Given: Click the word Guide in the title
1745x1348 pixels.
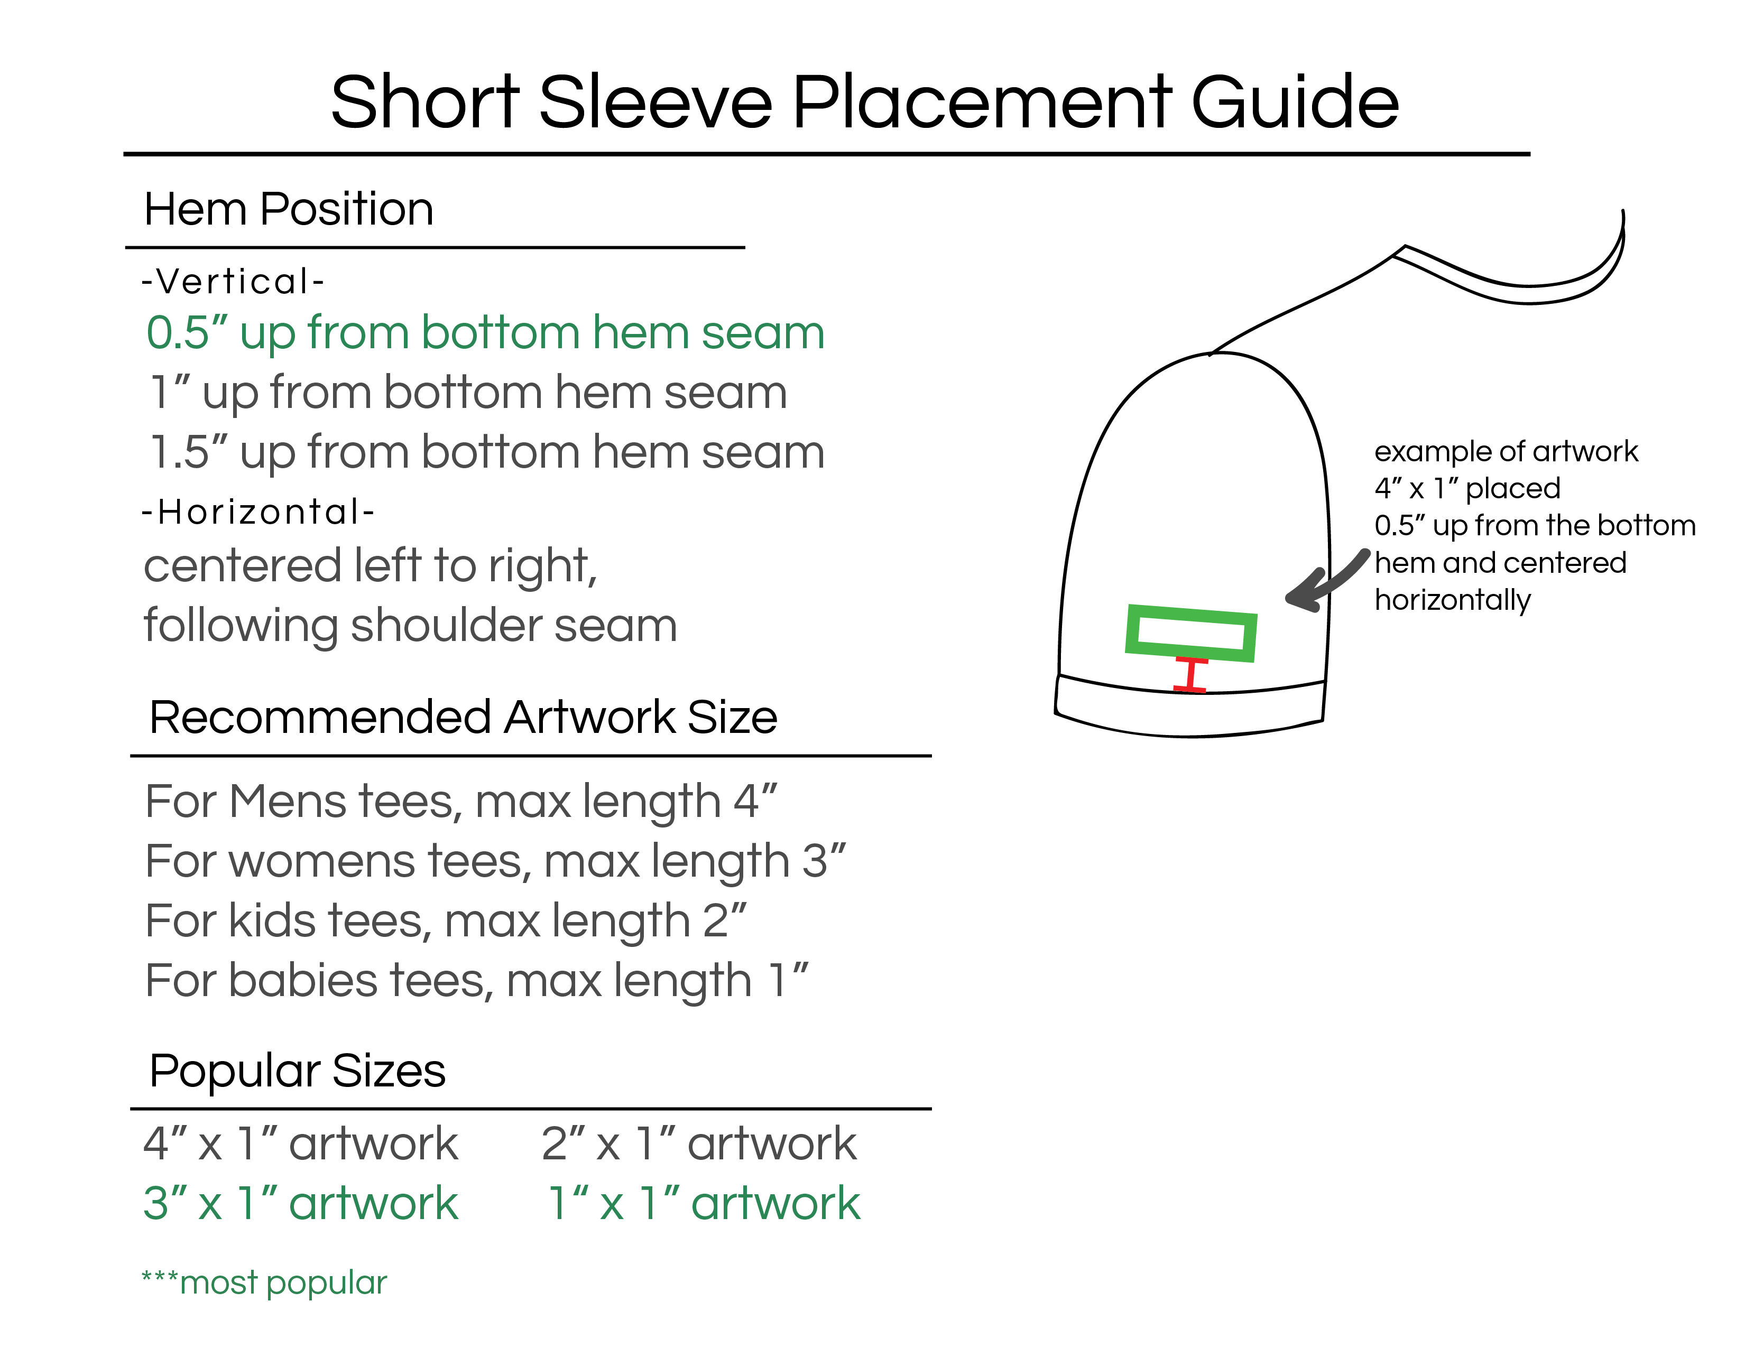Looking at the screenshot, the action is pos(1295,101).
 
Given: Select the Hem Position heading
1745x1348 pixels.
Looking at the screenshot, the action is pos(289,209).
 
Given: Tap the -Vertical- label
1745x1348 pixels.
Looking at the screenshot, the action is pos(233,281).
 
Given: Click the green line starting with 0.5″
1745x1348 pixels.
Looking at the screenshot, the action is pos(485,333).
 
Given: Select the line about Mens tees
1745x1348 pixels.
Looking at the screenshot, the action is pos(461,802).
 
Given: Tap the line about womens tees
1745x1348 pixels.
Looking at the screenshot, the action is pos(495,862).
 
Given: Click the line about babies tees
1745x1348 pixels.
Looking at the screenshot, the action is pos(477,981).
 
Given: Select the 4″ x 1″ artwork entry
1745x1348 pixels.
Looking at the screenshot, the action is pos(300,1144).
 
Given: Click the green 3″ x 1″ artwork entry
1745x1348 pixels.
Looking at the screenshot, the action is pos(300,1203).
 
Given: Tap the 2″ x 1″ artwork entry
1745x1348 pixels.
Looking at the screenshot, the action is pos(698,1144).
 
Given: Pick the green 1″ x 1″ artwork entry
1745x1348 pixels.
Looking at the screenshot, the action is pos(704,1203).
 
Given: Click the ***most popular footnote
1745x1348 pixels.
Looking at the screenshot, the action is pos(264,1282).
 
